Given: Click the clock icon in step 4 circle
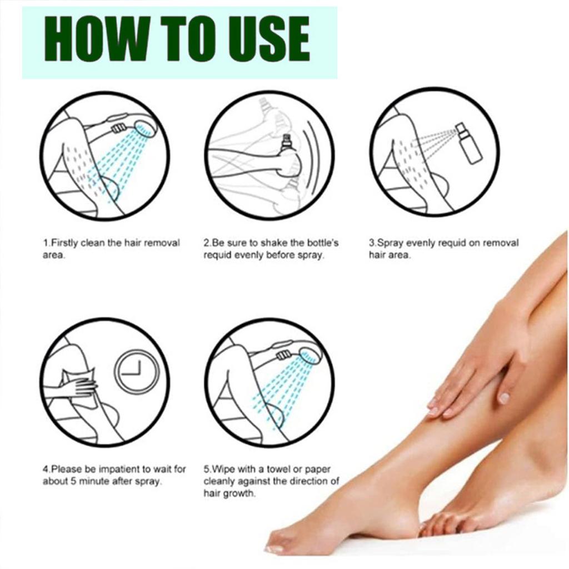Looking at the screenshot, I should click(137, 371).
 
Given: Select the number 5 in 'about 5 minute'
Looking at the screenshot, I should click(70, 481).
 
